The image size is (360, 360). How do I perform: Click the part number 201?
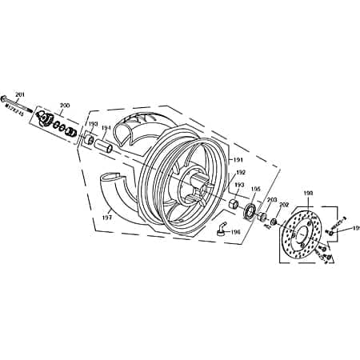(20, 94)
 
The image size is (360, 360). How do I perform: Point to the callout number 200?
(65, 105)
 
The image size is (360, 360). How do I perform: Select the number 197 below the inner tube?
(106, 216)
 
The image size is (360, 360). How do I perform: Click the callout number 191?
(238, 160)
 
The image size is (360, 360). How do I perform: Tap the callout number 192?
(239, 172)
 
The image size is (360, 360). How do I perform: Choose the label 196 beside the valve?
(235, 232)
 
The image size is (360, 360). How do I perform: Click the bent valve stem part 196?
(217, 230)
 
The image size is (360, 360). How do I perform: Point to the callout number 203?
(271, 199)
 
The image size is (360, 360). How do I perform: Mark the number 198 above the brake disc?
(308, 193)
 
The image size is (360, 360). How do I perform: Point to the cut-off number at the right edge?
(356, 229)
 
